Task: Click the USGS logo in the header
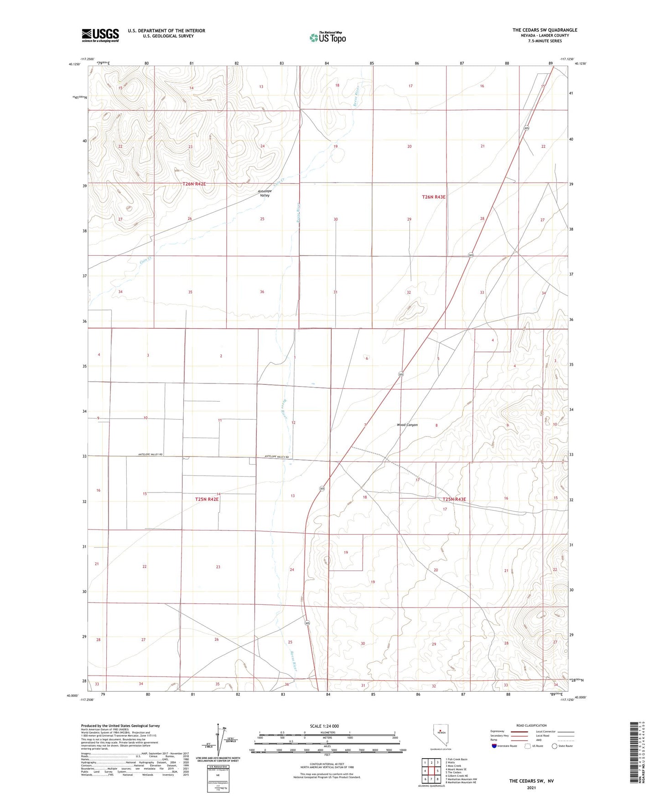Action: pos(100,35)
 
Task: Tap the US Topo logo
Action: pos(327,37)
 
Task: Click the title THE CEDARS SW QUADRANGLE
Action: pos(545,30)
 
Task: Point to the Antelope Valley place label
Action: pos(265,193)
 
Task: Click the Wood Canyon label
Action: pos(407,425)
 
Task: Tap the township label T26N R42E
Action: pos(194,184)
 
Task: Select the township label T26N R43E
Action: pos(434,197)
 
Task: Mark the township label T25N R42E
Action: pos(207,499)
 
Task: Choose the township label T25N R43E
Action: pos(454,499)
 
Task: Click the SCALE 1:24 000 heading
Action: pos(324,726)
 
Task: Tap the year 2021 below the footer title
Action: pos(531,788)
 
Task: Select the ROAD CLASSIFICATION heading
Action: pos(531,725)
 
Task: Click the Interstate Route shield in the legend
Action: pos(494,746)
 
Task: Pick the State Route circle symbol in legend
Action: pos(555,746)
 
